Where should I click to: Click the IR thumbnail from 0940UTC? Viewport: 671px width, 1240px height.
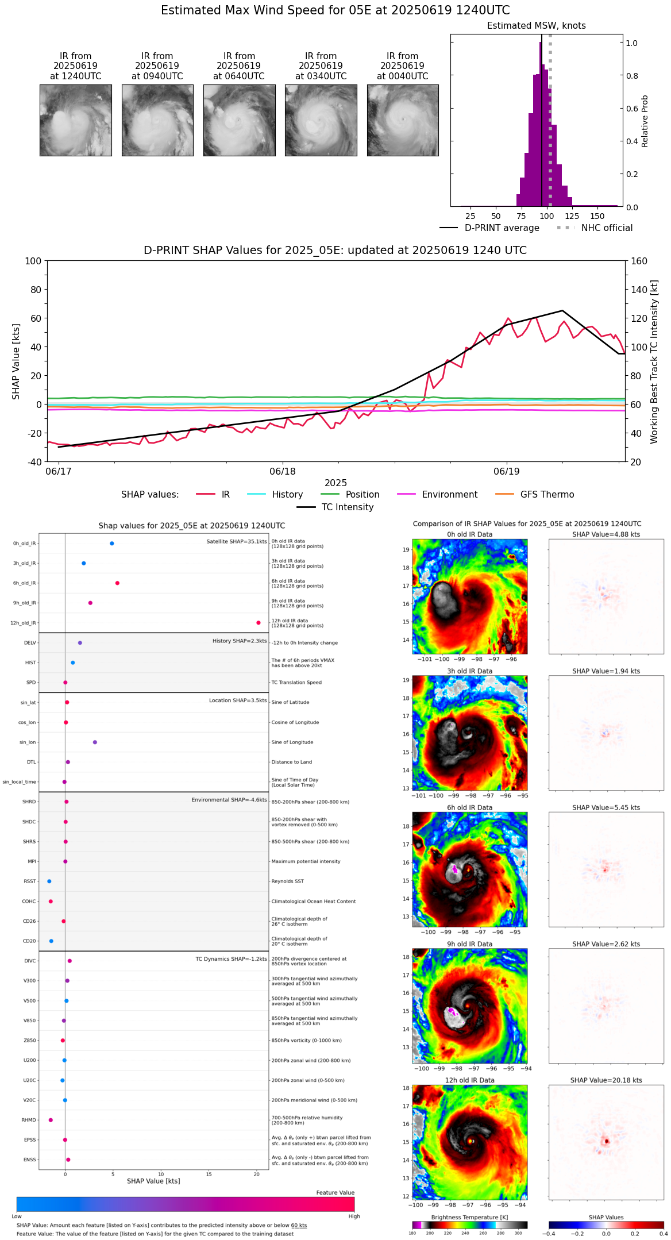[157, 120]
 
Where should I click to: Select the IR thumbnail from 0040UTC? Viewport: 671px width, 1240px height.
[403, 120]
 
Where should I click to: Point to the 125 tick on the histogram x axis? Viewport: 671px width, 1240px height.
[572, 217]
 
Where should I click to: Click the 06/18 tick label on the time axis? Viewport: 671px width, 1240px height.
[283, 472]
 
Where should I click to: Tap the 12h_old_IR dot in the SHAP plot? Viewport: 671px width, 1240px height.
[259, 623]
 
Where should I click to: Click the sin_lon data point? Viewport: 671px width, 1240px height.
[95, 742]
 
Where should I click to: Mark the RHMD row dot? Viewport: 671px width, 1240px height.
[51, 1120]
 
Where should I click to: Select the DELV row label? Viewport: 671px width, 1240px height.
[30, 643]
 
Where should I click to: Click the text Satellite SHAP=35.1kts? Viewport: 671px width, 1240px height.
[237, 542]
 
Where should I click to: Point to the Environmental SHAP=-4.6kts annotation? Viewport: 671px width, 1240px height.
[229, 800]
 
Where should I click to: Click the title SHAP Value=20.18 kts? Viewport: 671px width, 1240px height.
[606, 1080]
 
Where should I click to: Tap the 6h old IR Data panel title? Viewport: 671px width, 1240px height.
[469, 807]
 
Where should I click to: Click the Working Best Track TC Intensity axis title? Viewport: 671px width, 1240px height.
[654, 362]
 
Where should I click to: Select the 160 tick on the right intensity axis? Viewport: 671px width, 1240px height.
[639, 261]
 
